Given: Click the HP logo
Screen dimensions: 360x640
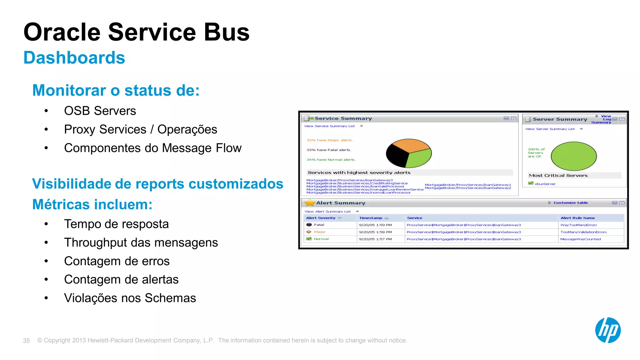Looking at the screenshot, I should click(607, 330).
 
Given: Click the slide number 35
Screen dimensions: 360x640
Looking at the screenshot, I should click(26, 341).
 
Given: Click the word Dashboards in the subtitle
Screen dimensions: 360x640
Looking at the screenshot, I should click(74, 58).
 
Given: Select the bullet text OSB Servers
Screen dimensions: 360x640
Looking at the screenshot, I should click(100, 111).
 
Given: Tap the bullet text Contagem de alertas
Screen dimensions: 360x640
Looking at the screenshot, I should click(121, 279).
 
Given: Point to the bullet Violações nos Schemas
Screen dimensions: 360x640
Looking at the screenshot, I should click(130, 298).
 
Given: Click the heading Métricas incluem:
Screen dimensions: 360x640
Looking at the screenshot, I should click(92, 204).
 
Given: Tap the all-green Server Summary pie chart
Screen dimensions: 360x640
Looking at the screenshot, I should click(573, 156).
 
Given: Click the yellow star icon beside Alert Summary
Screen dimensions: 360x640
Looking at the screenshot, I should click(309, 203).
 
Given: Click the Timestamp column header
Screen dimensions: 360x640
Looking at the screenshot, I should click(371, 218).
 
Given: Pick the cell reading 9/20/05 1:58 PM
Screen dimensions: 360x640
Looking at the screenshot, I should click(375, 232).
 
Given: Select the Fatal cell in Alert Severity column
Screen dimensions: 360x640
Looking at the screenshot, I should click(319, 225).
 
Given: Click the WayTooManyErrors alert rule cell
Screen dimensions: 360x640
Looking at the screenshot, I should click(578, 225).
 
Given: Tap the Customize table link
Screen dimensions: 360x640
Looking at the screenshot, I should click(570, 202).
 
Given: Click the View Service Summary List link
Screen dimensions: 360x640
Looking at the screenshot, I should click(329, 126).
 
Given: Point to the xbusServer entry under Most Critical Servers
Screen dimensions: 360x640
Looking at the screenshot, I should click(545, 184).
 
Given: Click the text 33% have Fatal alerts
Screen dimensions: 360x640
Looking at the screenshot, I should click(329, 150).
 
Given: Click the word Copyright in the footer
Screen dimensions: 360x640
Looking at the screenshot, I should click(57, 340).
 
